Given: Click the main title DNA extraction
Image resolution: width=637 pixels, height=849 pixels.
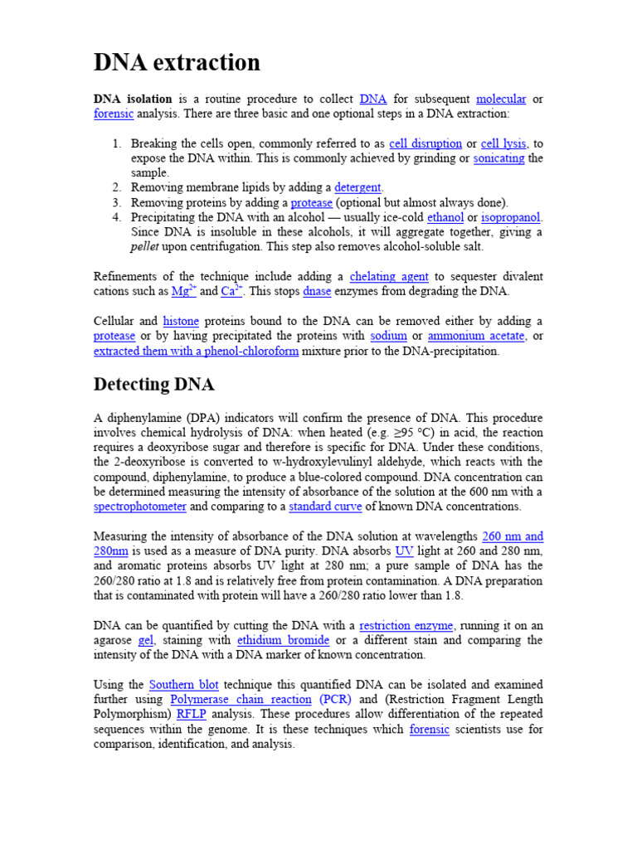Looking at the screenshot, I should [177, 62].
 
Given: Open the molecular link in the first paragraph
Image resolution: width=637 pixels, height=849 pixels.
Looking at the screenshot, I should [501, 99].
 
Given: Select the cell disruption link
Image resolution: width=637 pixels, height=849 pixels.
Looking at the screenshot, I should [425, 143].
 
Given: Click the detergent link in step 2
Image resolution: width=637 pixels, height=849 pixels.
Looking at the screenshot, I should [358, 187].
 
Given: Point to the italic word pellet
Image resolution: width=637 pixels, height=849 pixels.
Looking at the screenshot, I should [147, 247].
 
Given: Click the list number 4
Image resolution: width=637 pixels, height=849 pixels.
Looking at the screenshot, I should [116, 217].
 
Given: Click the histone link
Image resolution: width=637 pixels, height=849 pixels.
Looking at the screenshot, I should [181, 321].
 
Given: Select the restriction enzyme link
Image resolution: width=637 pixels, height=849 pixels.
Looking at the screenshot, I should [406, 625].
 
